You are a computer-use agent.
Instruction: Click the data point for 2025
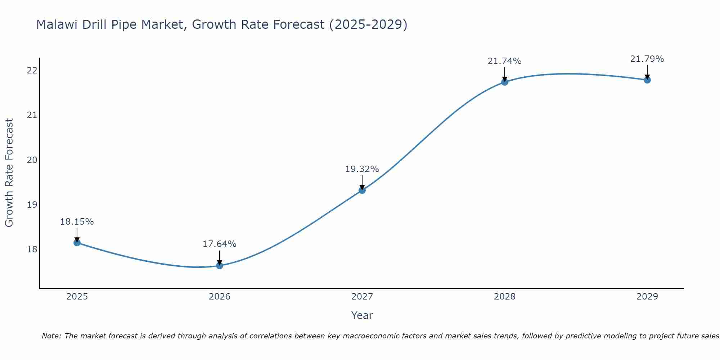pyautogui.click(x=77, y=243)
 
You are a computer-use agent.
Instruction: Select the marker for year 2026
pyautogui.click(x=220, y=266)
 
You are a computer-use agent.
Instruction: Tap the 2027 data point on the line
pyautogui.click(x=362, y=190)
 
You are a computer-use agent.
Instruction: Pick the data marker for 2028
pyautogui.click(x=505, y=82)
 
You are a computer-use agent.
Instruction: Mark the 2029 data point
pyautogui.click(x=647, y=80)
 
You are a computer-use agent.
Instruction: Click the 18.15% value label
pyautogui.click(x=77, y=222)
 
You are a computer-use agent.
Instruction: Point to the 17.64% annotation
pyautogui.click(x=220, y=244)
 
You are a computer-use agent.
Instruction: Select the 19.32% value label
pyautogui.click(x=362, y=169)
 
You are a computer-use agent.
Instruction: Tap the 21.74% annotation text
pyautogui.click(x=505, y=61)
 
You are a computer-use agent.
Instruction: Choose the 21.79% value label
pyautogui.click(x=647, y=59)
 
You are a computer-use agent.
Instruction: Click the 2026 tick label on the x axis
pyautogui.click(x=220, y=297)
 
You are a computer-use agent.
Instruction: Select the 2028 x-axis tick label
pyautogui.click(x=505, y=297)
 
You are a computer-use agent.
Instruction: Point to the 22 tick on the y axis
pyautogui.click(x=32, y=70)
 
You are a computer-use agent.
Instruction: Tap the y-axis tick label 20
pyautogui.click(x=32, y=160)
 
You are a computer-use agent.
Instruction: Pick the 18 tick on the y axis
pyautogui.click(x=32, y=249)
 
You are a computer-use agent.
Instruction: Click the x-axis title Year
pyautogui.click(x=362, y=315)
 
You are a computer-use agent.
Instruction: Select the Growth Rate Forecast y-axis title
pyautogui.click(x=9, y=173)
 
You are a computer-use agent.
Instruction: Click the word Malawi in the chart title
pyautogui.click(x=58, y=25)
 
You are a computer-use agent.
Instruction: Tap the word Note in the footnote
pyautogui.click(x=51, y=336)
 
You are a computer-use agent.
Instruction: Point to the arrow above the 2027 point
pyautogui.click(x=362, y=182)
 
